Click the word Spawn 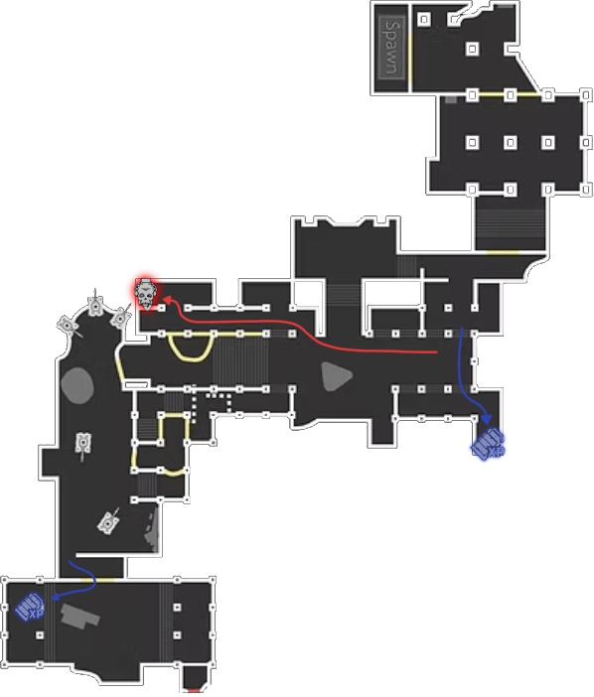(x=391, y=48)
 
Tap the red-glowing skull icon (x=146, y=294)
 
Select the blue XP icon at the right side (x=488, y=443)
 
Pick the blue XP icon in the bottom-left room (x=30, y=608)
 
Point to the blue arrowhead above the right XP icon (x=487, y=419)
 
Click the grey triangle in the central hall (x=336, y=376)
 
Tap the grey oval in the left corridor (x=77, y=385)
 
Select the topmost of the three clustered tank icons (x=95, y=305)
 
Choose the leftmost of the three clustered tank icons (x=68, y=326)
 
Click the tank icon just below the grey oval (x=83, y=444)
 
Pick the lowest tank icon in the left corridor (x=108, y=522)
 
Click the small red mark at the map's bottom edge (x=195, y=691)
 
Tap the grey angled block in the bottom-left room (x=80, y=616)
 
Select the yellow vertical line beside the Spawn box (x=410, y=61)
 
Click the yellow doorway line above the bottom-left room (x=97, y=580)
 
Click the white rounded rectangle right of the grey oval (x=136, y=384)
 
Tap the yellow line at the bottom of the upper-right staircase (x=503, y=252)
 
